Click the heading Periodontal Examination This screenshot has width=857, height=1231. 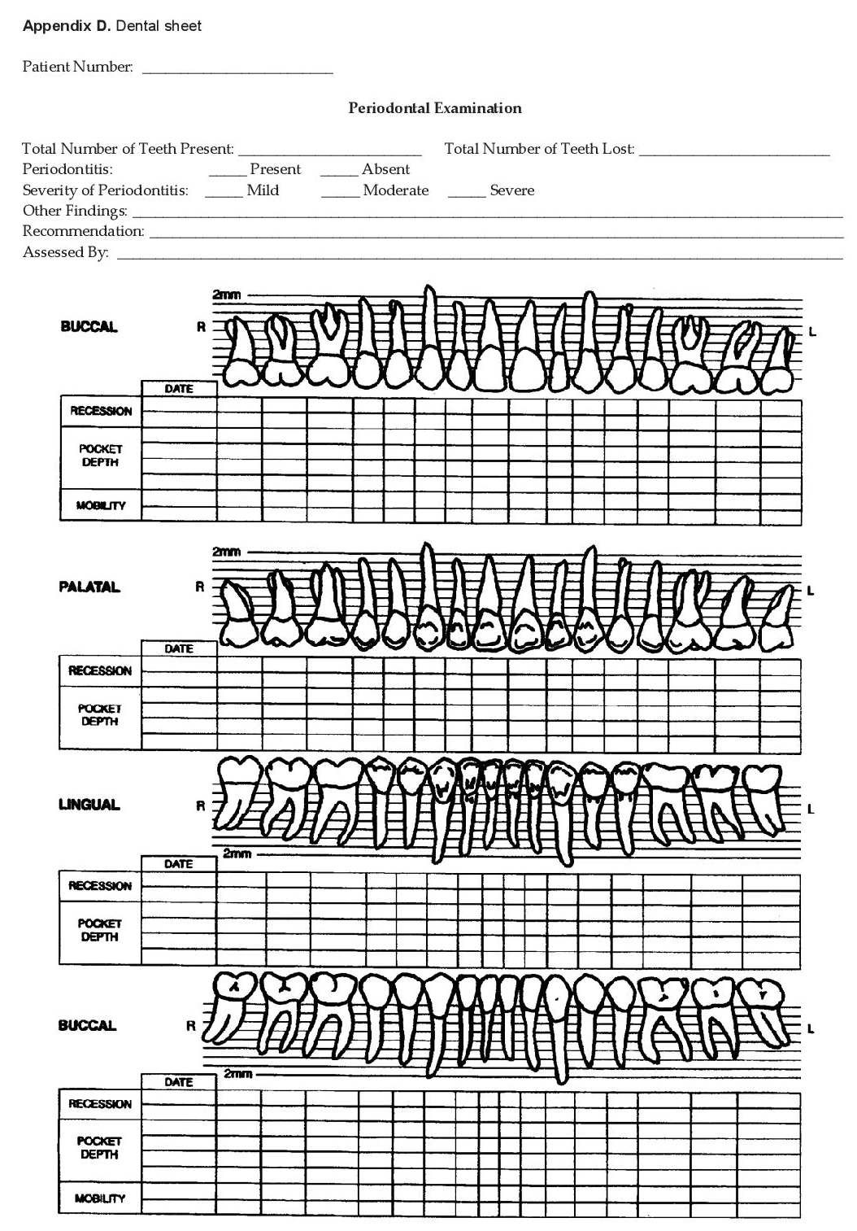[435, 107]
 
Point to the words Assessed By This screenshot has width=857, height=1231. [65, 252]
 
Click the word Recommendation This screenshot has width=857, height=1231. [83, 231]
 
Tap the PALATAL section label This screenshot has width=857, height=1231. [89, 587]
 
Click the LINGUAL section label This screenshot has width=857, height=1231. [89, 805]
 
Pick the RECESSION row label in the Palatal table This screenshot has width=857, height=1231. [100, 670]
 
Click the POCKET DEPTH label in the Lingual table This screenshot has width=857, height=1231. [100, 930]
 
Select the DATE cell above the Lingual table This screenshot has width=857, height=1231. [179, 864]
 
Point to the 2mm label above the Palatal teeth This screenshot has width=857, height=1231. [227, 552]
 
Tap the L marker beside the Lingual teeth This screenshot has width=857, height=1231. [810, 809]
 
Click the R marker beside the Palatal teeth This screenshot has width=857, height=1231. [199, 587]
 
